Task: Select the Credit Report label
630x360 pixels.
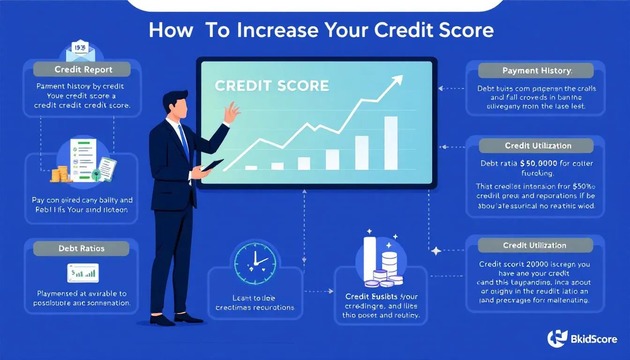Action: (x=83, y=70)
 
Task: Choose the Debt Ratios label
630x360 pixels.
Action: (x=81, y=248)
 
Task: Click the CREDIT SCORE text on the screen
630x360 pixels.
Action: (x=272, y=86)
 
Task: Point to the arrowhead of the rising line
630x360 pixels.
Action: (x=397, y=80)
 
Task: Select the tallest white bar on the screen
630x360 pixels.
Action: (x=390, y=142)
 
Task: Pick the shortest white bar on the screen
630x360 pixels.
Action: (x=251, y=167)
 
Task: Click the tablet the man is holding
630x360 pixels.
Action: (x=212, y=165)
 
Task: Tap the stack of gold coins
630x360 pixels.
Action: (x=59, y=175)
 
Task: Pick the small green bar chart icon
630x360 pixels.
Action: (x=83, y=271)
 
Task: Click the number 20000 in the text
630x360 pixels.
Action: (x=527, y=264)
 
